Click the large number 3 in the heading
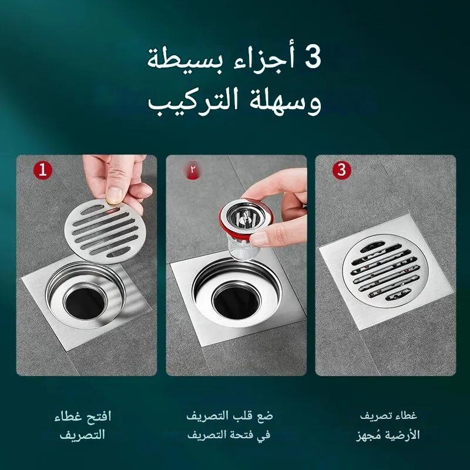[313, 57]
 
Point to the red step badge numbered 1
[43, 170]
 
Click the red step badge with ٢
[193, 170]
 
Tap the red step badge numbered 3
[342, 170]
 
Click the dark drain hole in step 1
[85, 303]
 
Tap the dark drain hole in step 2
[236, 302]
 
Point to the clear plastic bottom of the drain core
[242, 248]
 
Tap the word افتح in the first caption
[100, 417]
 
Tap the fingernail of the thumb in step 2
[259, 239]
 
